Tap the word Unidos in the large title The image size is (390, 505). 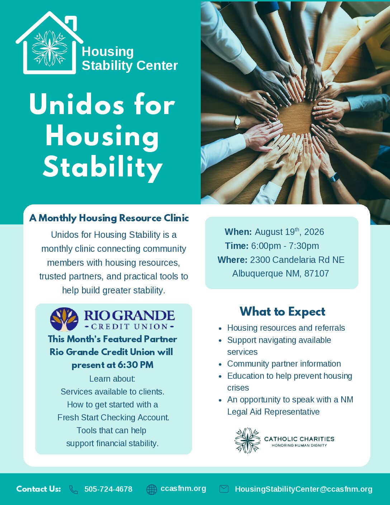point(77,105)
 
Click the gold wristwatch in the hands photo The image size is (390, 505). point(238,122)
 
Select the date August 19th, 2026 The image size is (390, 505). point(289,232)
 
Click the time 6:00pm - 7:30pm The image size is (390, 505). point(285,246)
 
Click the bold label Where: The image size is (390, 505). point(233,260)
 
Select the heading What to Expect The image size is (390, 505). point(282,311)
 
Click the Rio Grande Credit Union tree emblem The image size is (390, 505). point(64,319)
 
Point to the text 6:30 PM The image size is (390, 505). point(135,365)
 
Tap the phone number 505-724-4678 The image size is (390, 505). point(108,489)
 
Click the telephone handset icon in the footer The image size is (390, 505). point(73,490)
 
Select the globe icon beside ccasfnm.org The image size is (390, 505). point(151,490)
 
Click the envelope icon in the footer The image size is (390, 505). point(224,489)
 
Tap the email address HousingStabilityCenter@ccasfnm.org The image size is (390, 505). point(304,489)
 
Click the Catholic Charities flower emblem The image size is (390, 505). point(247,440)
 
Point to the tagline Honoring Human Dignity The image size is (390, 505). point(299,445)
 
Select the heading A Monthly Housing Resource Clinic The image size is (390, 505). point(109,218)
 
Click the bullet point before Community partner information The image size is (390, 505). point(220,364)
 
